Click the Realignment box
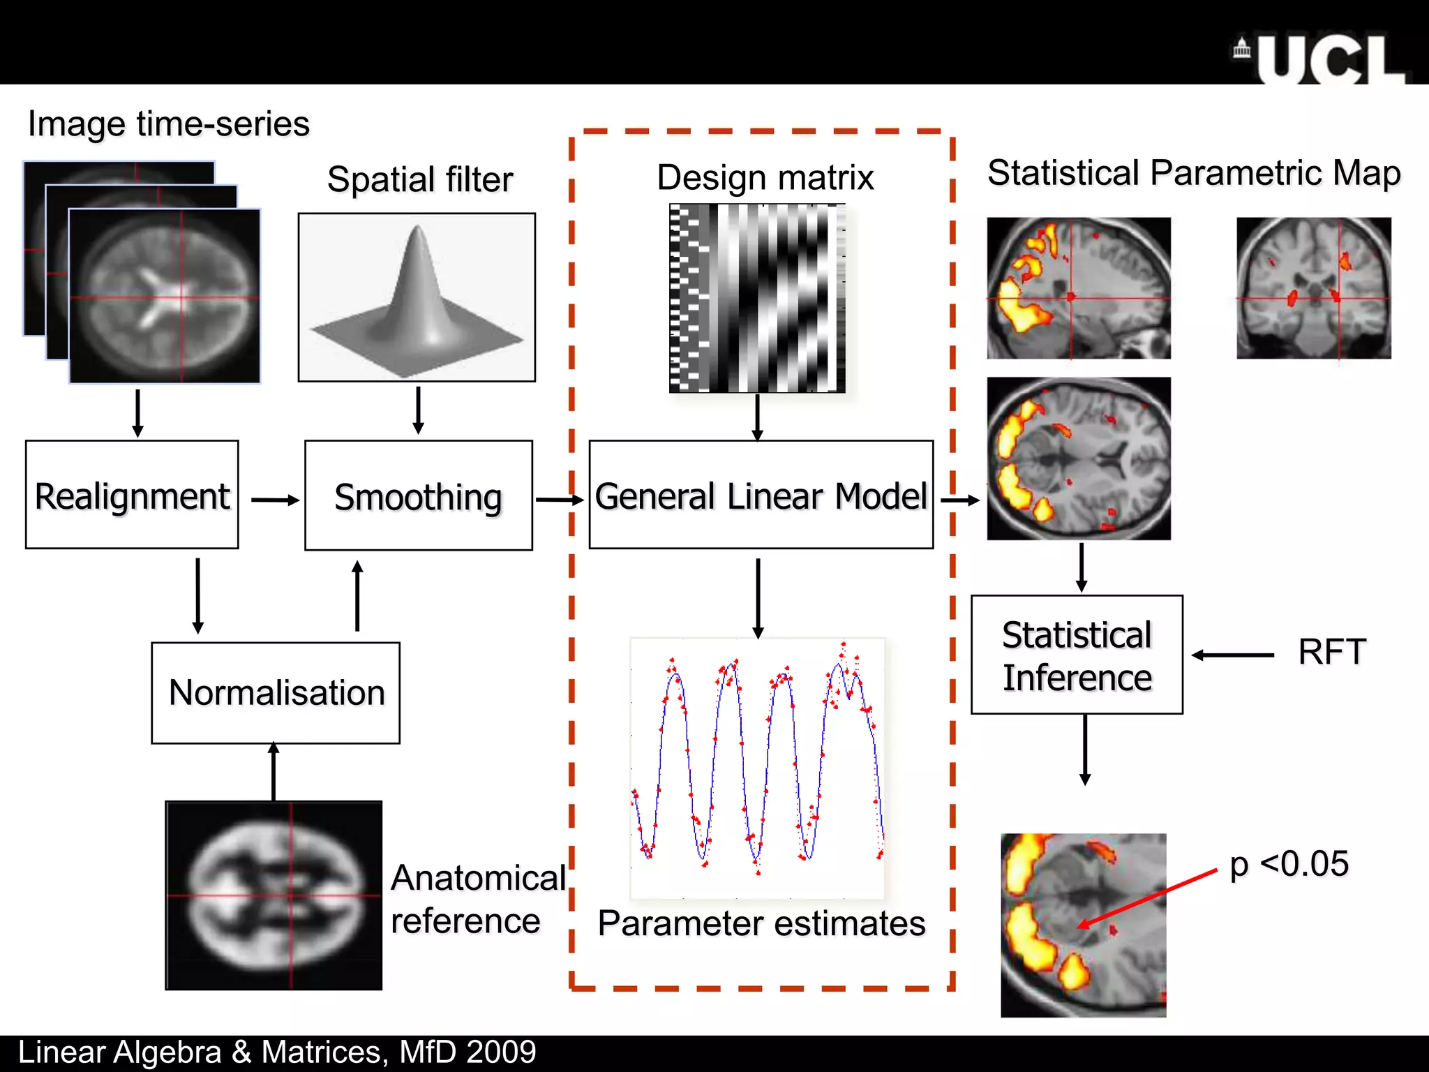(132, 495)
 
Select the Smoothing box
(418, 496)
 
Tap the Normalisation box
(276, 693)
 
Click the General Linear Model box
(761, 495)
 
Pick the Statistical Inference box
(1077, 655)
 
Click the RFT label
(1331, 653)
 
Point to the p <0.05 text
(1289, 864)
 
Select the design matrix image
(757, 298)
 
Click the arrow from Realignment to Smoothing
(274, 500)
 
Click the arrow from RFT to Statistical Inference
(1232, 655)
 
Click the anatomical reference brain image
(274, 895)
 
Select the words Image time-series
(168, 124)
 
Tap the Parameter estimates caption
(761, 923)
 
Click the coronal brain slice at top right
(1313, 288)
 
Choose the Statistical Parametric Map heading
(1193, 173)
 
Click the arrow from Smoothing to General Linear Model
(559, 500)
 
